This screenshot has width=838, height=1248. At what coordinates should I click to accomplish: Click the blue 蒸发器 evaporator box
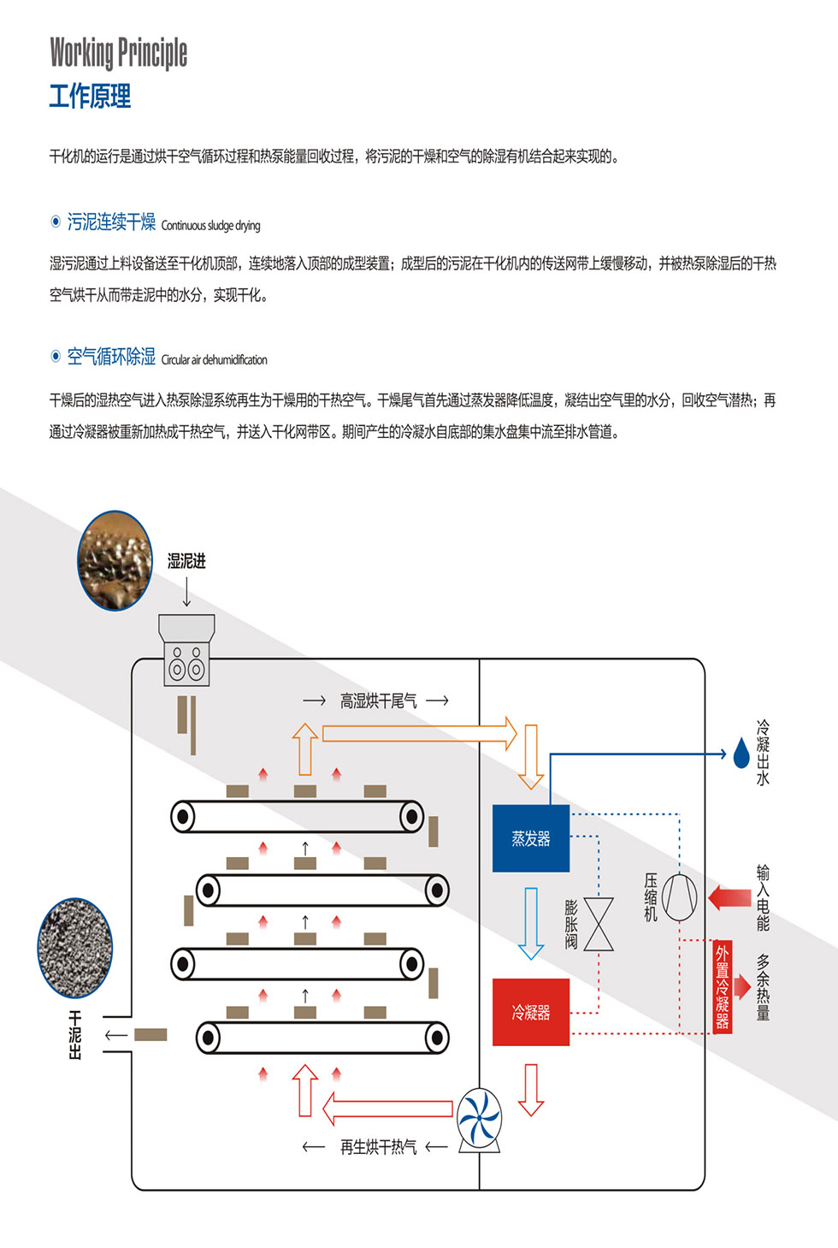tap(531, 838)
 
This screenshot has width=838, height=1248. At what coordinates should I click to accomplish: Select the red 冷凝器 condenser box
tap(531, 1012)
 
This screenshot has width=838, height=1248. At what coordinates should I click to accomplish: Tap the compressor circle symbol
tap(679, 897)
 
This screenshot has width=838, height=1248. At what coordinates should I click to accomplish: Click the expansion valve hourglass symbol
tap(599, 924)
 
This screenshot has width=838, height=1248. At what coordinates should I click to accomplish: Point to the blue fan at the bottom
tap(479, 1116)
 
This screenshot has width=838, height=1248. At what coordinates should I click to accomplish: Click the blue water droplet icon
tap(741, 753)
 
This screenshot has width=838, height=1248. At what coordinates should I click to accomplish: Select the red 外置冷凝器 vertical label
tap(723, 987)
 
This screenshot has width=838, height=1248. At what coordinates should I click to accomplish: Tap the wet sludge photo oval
tap(115, 560)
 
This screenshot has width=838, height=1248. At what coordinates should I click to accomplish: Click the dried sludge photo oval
tap(75, 947)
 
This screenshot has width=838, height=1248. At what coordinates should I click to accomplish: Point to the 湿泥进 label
tap(186, 561)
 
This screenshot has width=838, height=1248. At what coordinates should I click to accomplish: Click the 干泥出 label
tap(75, 1035)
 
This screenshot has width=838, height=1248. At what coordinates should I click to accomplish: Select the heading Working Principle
tap(119, 53)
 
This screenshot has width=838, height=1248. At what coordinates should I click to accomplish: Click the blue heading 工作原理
tap(90, 96)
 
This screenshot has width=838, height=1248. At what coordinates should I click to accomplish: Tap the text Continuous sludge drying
tap(210, 226)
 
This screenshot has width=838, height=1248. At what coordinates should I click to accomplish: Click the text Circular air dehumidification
tap(214, 360)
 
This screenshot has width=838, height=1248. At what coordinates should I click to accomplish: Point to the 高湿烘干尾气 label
tap(379, 701)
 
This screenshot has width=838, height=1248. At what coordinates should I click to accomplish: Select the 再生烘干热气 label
tap(379, 1146)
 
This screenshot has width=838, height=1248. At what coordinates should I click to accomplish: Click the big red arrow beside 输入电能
tap(729, 897)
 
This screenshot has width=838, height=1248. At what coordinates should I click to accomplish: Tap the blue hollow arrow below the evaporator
tap(531, 923)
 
